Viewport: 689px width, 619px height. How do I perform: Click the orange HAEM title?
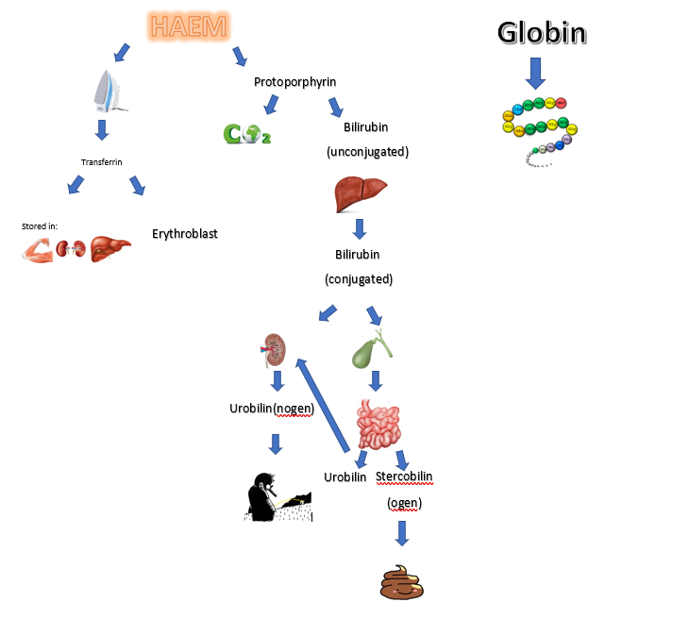188,27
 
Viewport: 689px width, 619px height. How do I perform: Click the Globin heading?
542,33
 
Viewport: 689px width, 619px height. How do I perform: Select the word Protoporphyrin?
295,82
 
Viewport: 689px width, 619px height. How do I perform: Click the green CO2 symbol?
246,134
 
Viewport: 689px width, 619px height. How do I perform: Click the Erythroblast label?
185,233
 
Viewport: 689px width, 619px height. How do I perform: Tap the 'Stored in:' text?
40,226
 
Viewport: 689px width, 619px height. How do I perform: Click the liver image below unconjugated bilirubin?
361,195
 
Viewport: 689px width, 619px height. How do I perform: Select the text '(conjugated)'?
359,279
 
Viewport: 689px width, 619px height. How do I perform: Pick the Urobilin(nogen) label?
272,409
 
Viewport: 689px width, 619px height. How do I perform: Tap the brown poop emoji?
402,584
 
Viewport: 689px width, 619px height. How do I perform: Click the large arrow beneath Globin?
535,72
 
